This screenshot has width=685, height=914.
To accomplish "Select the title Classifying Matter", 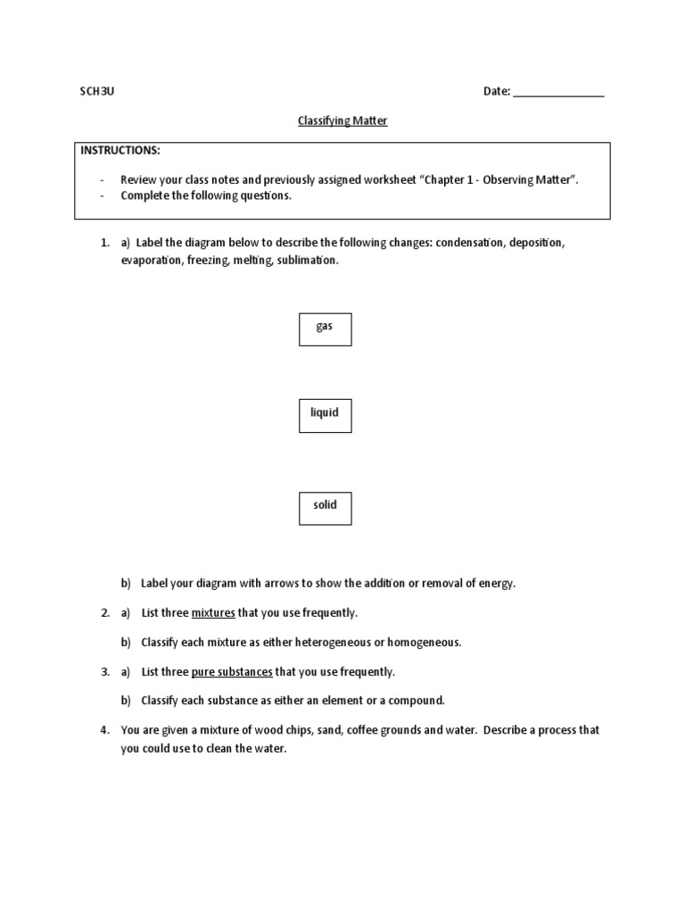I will (x=342, y=120).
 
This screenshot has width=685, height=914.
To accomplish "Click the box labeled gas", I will (x=325, y=328).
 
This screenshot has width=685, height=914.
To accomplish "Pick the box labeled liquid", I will (x=325, y=415).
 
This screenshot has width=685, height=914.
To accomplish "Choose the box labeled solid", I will (x=325, y=507).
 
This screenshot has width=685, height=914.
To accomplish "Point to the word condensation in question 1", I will (x=471, y=243).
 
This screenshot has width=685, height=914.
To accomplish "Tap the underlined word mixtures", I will (x=212, y=613).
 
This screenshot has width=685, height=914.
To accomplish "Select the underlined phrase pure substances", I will (x=231, y=671).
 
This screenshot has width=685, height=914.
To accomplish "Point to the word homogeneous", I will (x=425, y=643).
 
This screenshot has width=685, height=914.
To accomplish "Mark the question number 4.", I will (x=103, y=730).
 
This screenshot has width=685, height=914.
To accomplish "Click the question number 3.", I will (x=103, y=671).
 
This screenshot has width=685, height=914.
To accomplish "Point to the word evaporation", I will (x=151, y=261).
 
